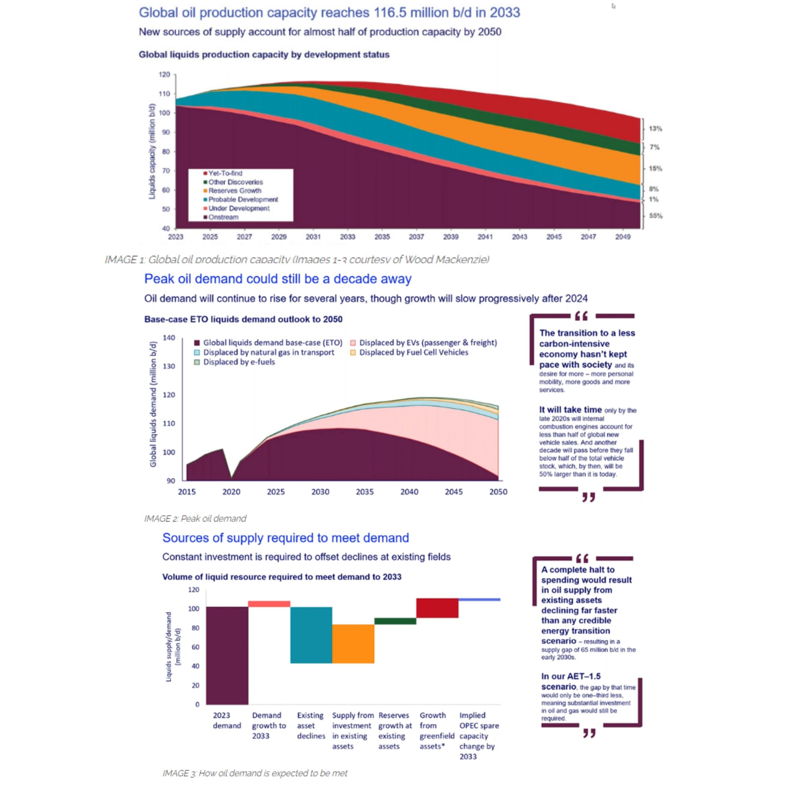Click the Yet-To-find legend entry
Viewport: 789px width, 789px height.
(225, 173)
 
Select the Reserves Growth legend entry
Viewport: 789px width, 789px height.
(234, 191)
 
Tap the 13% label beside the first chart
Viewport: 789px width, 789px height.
(655, 129)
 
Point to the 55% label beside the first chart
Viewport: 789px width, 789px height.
(655, 216)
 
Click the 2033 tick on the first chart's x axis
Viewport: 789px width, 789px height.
(347, 237)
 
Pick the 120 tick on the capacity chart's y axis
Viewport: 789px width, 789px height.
(164, 75)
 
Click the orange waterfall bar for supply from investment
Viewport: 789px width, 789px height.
(353, 644)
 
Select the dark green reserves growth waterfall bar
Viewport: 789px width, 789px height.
(395, 621)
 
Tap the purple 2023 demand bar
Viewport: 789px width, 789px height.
(227, 655)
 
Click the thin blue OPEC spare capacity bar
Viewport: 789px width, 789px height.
(479, 599)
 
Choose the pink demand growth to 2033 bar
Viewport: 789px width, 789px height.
(269, 604)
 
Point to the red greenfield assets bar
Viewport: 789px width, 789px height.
(437, 608)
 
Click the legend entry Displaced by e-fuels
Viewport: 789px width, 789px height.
(239, 362)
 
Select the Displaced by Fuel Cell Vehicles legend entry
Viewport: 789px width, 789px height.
(413, 353)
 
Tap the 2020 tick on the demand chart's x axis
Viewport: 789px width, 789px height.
(231, 492)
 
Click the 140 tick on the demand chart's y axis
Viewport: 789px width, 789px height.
(169, 338)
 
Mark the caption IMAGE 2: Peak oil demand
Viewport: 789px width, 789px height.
(195, 519)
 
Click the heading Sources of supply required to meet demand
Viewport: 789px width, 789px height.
(285, 538)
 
